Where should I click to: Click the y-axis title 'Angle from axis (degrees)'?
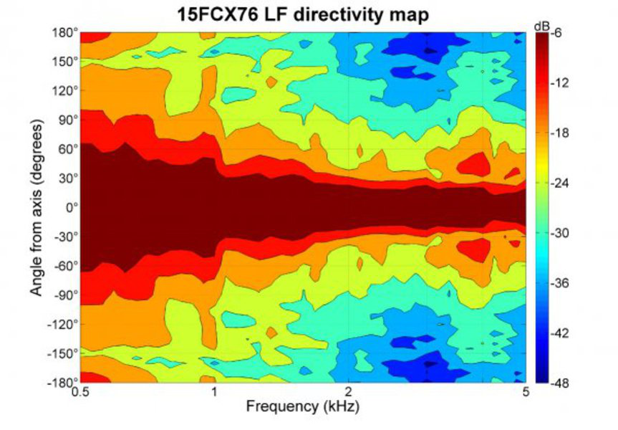tap(37, 208)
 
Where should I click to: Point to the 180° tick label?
tap(64, 32)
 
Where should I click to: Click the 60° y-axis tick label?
tap(67, 149)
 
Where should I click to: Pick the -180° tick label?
tap(62, 383)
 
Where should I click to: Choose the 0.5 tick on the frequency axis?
tap(80, 393)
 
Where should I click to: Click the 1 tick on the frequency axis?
tap(214, 393)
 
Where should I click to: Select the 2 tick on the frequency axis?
tap(348, 393)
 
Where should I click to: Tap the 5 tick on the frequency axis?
tap(525, 393)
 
